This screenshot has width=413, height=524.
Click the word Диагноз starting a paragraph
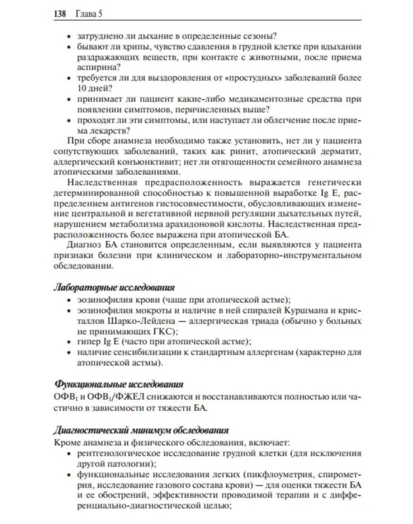[x=84, y=245]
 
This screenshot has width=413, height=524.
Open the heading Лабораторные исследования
[x=114, y=288]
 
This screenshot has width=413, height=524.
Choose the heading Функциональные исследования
[x=118, y=385]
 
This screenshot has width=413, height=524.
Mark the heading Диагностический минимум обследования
[x=141, y=429]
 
